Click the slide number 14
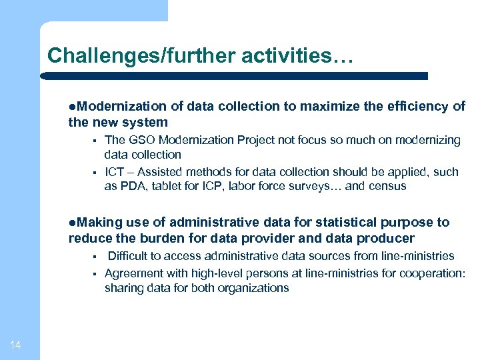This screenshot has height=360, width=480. (15, 344)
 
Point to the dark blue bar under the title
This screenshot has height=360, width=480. (234, 76)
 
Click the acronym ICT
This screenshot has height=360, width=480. (115, 172)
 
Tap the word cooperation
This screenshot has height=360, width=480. (433, 273)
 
